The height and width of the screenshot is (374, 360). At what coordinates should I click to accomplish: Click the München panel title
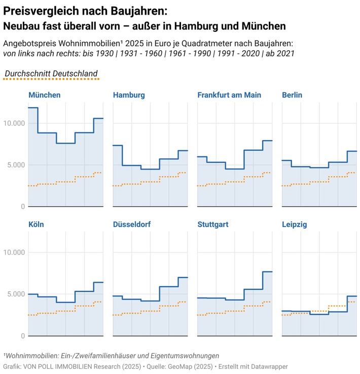45,95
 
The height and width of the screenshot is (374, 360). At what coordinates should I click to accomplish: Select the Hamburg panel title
129,95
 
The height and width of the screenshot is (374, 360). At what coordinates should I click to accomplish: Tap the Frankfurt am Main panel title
229,95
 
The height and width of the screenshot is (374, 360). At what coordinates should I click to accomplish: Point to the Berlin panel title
292,95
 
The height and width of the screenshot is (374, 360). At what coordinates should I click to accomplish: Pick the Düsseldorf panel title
132,224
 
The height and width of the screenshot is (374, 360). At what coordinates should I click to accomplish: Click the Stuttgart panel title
214,224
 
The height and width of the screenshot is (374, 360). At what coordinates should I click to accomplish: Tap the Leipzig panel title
294,224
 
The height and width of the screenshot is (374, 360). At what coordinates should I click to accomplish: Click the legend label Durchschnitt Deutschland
51,74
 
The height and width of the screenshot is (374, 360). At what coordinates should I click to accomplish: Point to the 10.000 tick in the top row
14,123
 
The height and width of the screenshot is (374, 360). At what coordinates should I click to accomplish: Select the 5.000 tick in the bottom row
15,294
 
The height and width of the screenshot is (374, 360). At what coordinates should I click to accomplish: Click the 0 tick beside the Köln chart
22,336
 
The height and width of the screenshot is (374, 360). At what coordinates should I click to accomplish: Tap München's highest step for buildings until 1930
33,108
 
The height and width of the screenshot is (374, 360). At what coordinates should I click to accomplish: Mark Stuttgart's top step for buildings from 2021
267,272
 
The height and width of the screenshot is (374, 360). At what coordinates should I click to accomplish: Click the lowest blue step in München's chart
65,143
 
